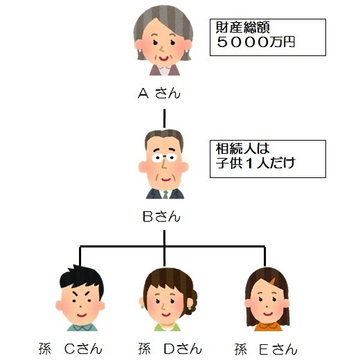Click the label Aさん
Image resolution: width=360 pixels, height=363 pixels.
tap(159, 94)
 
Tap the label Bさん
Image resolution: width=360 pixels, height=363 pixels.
tap(161, 217)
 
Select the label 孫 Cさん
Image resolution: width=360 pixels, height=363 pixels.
tap(71, 349)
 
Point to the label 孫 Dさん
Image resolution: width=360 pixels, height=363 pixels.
tap(170, 349)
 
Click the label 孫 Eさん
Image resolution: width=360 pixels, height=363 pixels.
tap(266, 349)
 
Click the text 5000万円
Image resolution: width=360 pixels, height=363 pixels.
tap(255, 42)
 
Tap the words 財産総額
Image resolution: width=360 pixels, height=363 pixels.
tap(243, 27)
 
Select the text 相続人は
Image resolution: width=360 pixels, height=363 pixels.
tap(243, 148)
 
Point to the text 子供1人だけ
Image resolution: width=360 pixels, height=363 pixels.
tap(255, 163)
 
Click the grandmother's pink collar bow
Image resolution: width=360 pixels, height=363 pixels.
tap(165, 69)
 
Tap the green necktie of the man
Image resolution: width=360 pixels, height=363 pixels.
tap(165, 195)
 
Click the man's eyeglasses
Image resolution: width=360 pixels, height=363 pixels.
tap(165, 157)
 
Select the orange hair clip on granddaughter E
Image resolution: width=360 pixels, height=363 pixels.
tap(273, 281)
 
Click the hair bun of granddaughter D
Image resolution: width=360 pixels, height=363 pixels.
tap(191, 301)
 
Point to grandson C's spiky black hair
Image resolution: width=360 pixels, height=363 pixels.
tap(81, 277)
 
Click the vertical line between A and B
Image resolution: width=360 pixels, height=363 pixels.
tap(165, 118)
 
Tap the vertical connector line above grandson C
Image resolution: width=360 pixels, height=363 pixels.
tap(80, 256)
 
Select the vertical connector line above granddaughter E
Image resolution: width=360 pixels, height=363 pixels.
tap(264, 256)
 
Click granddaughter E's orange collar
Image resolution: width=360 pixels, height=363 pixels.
tap(269, 327)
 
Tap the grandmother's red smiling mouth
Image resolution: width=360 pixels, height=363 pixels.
tap(164, 58)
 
